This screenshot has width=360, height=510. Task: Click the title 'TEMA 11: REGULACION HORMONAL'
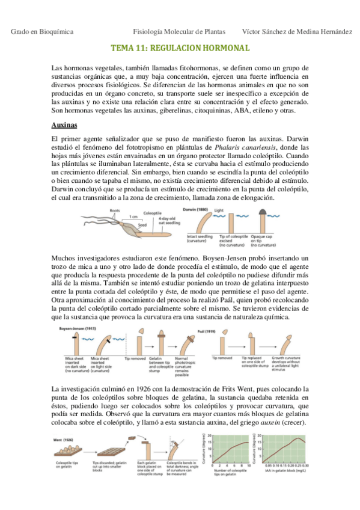[180, 47]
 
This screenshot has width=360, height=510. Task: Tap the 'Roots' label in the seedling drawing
[115, 210]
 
